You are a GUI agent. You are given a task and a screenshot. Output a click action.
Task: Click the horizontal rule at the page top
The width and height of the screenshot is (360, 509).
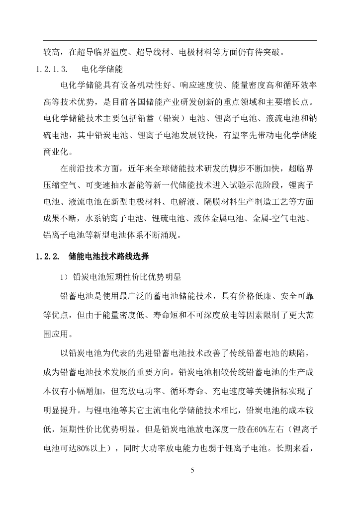[180, 40]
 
